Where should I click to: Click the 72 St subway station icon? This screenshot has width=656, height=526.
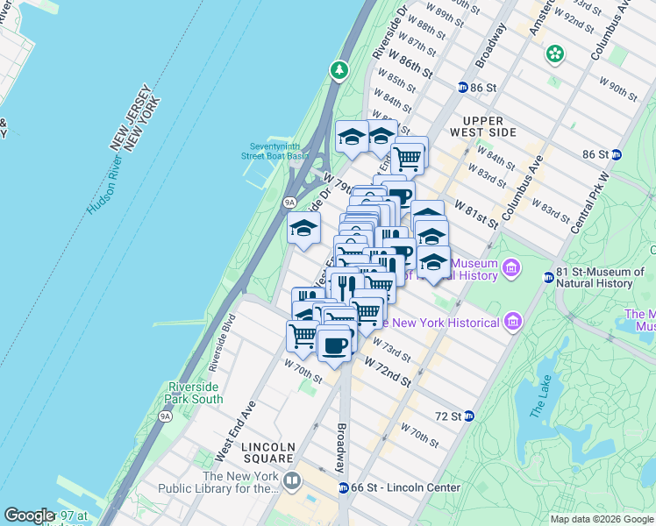click(468, 415)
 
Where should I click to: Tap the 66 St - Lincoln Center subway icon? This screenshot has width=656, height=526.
click(344, 487)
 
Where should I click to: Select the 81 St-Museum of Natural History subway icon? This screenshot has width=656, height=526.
click(548, 277)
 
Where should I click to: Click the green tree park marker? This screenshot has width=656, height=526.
click(339, 69)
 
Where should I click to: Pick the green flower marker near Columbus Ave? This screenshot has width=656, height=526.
click(554, 54)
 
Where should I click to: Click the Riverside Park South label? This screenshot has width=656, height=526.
click(193, 392)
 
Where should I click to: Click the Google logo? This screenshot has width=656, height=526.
click(29, 515)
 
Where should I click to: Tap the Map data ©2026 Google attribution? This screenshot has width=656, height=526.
click(602, 519)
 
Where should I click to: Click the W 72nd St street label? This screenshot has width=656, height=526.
click(388, 370)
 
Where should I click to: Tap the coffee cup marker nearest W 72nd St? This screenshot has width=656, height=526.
click(333, 345)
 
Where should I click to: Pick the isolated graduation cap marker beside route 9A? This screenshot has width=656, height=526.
click(303, 230)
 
